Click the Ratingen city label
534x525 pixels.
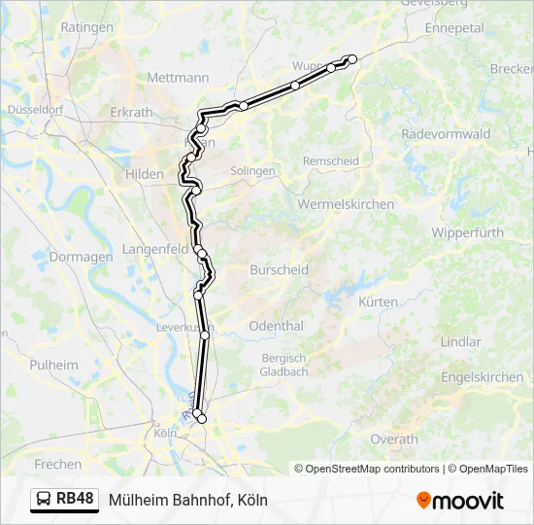[86, 27]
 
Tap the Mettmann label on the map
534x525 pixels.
[176, 78]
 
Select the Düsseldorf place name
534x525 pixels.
[34, 110]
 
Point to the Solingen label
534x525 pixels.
[252, 170]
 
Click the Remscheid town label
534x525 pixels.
[330, 160]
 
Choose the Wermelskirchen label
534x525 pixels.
[346, 204]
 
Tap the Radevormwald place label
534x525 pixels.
[446, 134]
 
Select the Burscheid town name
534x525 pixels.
[279, 269]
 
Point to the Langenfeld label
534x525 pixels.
[155, 250]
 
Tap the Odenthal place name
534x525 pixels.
[276, 327]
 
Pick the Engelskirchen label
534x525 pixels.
[482, 377]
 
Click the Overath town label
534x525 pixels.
[394, 439]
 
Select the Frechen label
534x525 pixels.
[57, 465]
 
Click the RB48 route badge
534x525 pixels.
[65, 500]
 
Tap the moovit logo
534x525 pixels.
[460, 501]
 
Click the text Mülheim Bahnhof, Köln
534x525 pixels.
[187, 500]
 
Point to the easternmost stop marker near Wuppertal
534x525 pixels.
[352, 59]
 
